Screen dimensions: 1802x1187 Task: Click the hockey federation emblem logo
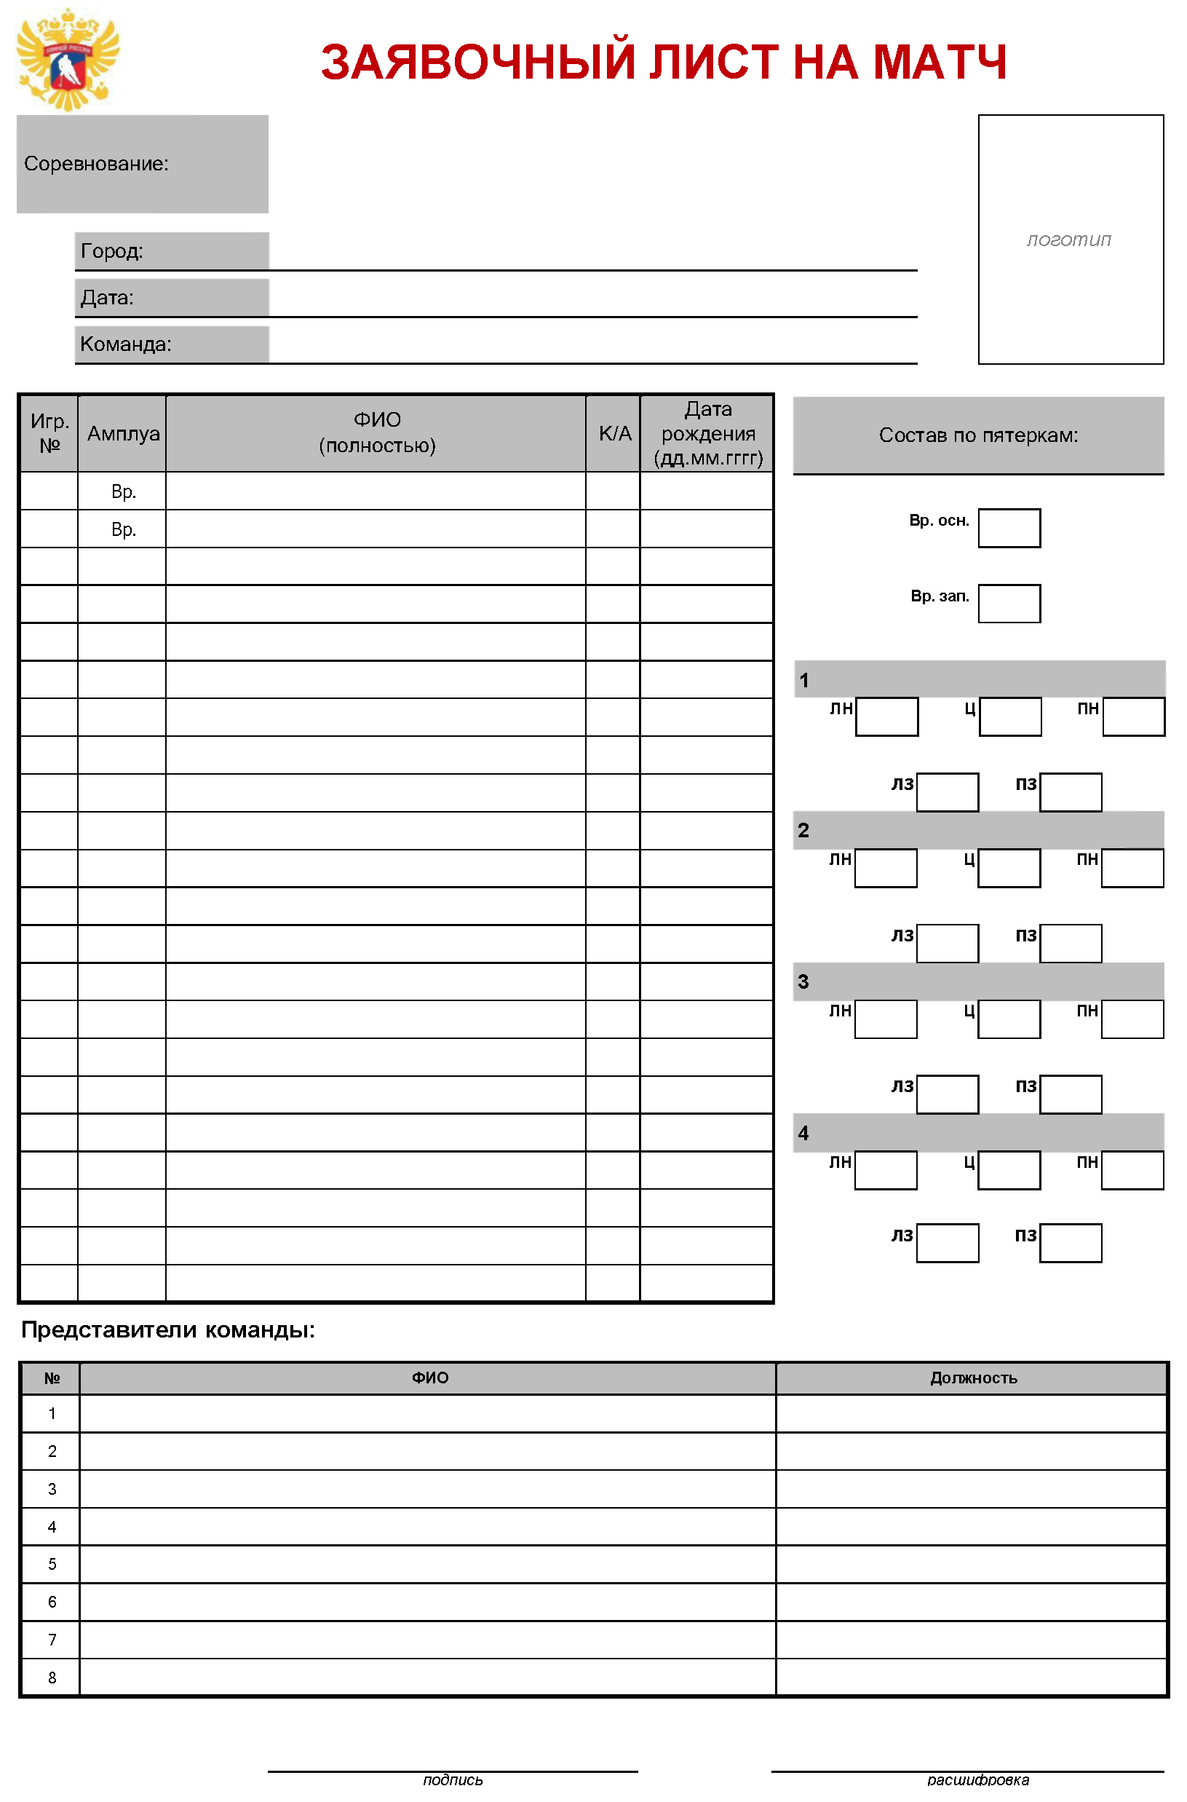click(68, 60)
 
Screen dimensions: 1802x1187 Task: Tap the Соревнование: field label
click(96, 164)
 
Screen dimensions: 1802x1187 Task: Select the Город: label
click(112, 250)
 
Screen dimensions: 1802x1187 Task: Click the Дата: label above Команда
click(108, 298)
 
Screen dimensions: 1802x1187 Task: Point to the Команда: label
click(126, 344)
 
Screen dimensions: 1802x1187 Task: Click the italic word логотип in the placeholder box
click(1069, 240)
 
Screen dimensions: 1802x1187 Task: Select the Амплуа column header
click(123, 434)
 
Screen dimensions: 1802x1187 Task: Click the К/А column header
click(614, 434)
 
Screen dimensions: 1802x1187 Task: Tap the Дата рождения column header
click(707, 434)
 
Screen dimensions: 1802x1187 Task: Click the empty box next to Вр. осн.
click(1009, 528)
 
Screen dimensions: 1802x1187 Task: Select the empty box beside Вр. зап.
click(1009, 604)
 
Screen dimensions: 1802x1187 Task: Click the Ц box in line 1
click(1010, 716)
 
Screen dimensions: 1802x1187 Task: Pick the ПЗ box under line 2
click(1071, 944)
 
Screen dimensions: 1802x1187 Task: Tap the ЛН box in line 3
click(886, 1019)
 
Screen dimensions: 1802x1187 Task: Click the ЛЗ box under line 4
click(947, 1244)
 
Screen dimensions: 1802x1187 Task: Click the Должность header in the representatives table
click(973, 1379)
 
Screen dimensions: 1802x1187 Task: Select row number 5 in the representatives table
click(52, 1564)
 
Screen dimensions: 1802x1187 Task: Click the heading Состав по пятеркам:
click(978, 435)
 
